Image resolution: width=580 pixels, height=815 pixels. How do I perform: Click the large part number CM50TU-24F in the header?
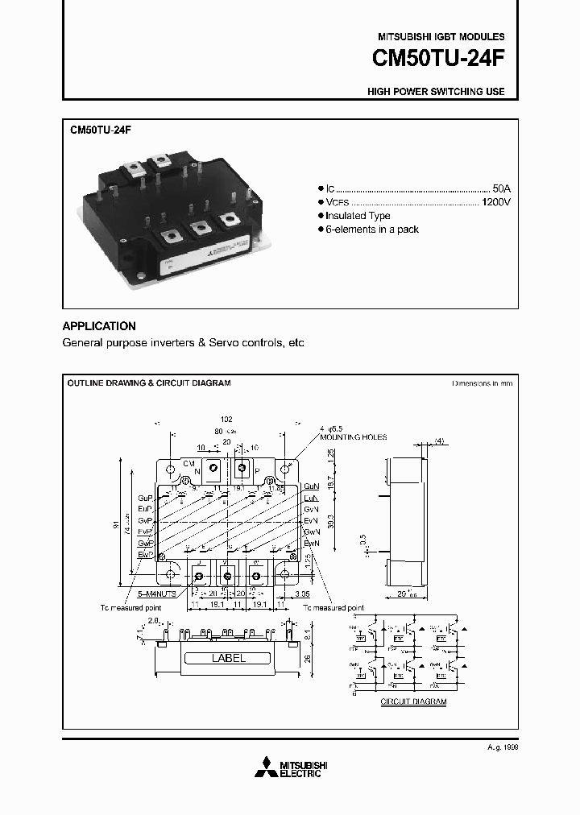pyautogui.click(x=438, y=59)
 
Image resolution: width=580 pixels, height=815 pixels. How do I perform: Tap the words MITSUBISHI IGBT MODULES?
pyautogui.click(x=441, y=37)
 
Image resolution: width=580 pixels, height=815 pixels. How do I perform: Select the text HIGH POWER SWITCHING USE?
pyautogui.click(x=436, y=92)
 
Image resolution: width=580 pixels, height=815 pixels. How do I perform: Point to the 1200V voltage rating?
pyautogui.click(x=495, y=201)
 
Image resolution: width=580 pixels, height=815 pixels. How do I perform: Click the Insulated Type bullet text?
pyautogui.click(x=358, y=216)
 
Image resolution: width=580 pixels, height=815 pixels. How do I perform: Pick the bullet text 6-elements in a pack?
pyautogui.click(x=372, y=230)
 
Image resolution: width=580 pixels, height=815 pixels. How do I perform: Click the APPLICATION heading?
pyautogui.click(x=99, y=326)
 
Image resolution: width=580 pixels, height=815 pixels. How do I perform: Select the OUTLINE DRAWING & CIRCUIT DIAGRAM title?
pyautogui.click(x=148, y=383)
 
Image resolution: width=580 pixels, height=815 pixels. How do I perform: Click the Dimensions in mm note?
pyautogui.click(x=482, y=383)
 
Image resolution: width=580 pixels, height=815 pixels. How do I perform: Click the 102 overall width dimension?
pyautogui.click(x=226, y=419)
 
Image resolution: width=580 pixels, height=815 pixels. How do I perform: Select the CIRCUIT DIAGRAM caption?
pyautogui.click(x=413, y=701)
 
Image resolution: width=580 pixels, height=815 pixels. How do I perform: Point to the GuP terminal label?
pyautogui.click(x=145, y=498)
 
